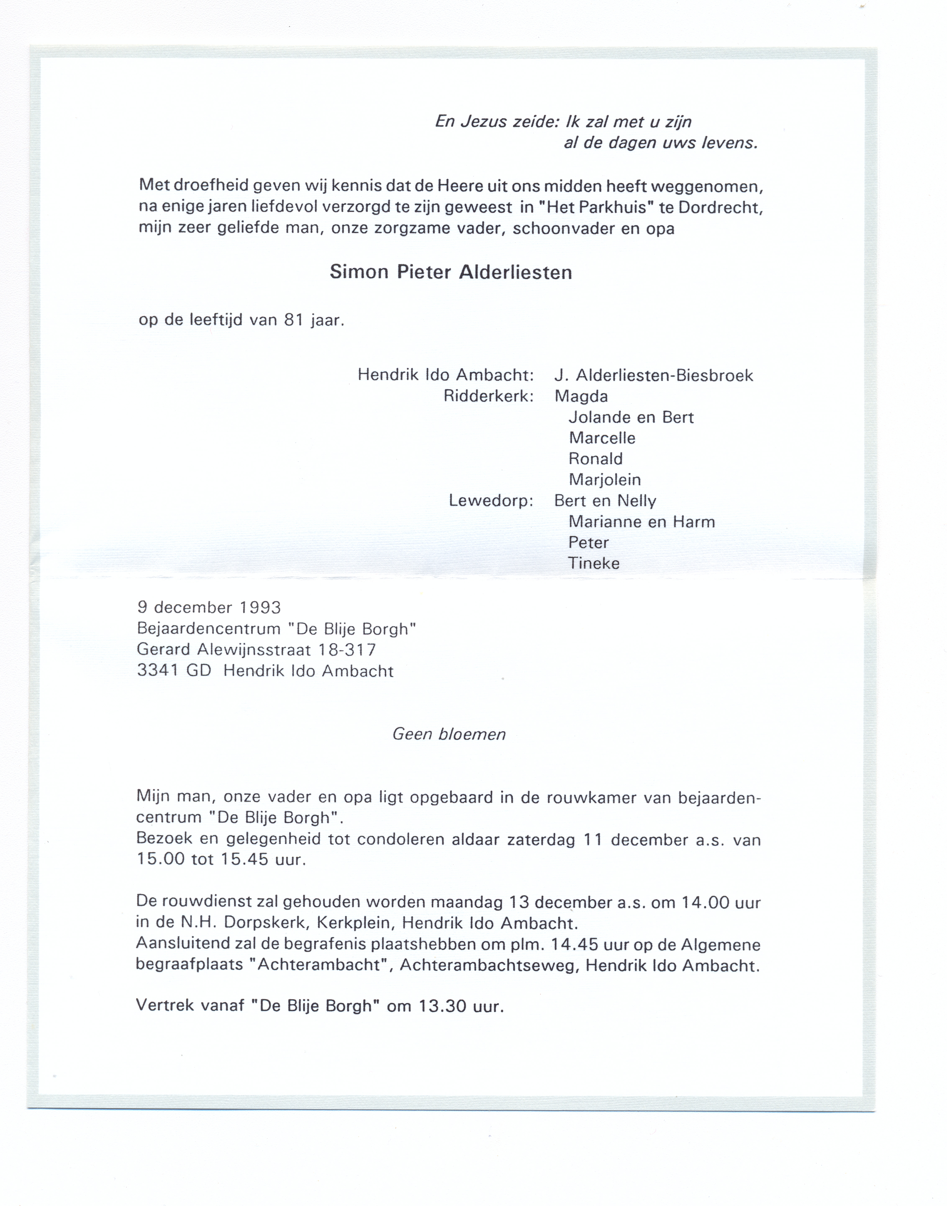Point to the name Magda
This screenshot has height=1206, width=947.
pyautogui.click(x=581, y=396)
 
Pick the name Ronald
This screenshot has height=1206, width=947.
pyautogui.click(x=595, y=459)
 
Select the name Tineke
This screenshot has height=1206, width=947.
pyautogui.click(x=594, y=563)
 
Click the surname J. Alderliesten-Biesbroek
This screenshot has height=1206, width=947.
pyautogui.click(x=654, y=376)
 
